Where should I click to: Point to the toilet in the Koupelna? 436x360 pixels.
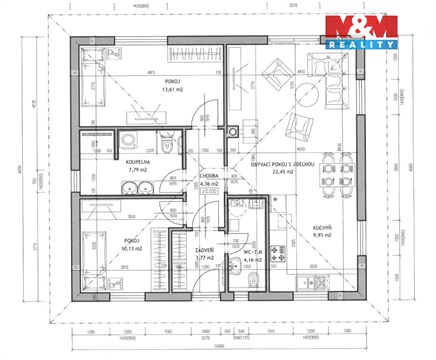(173, 146)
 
